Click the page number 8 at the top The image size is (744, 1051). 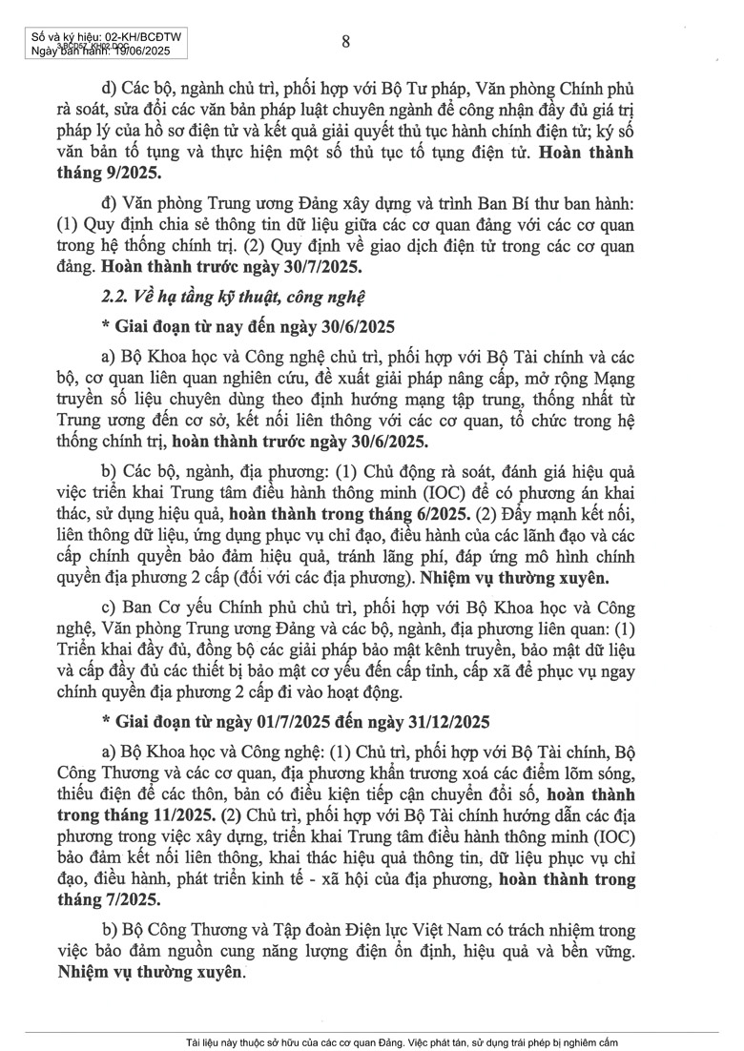click(345, 40)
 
